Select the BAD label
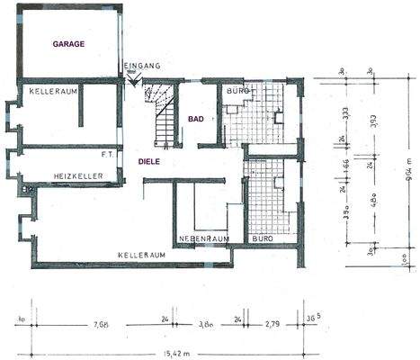point(195,119)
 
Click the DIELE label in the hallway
point(150,161)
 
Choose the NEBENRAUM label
point(203,238)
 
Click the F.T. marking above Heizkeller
point(106,154)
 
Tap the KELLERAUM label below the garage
point(50,93)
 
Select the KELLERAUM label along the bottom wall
point(142,256)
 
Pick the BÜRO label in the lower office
point(262,238)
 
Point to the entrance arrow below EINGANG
point(135,81)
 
